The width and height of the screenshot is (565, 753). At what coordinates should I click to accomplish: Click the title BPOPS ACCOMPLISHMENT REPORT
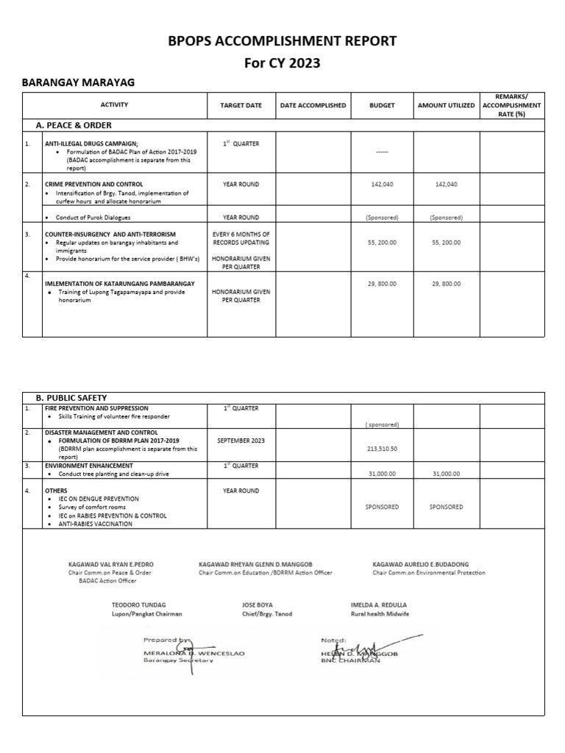point(282,40)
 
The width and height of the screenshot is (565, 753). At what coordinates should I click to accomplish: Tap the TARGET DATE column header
point(241,106)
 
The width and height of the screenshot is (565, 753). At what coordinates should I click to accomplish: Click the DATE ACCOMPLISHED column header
point(313,106)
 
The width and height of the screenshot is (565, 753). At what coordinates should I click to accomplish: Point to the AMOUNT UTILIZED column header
point(446,106)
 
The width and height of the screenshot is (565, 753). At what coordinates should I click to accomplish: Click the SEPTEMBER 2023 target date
point(241,440)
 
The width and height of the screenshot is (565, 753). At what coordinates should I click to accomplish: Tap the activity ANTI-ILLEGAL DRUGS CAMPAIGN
point(91,144)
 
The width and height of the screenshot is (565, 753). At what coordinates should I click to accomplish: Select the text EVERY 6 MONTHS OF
point(241,234)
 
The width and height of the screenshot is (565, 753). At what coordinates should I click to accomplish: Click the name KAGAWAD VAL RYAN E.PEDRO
point(111,565)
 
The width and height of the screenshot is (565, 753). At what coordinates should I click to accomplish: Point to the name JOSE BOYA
point(257,604)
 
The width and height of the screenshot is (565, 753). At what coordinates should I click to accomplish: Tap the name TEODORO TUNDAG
point(138,604)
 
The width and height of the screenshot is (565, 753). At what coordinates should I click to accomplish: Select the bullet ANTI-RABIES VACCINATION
point(95,524)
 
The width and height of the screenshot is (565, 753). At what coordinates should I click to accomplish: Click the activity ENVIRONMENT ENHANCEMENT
point(89,465)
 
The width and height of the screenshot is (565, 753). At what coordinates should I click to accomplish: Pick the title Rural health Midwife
point(380,613)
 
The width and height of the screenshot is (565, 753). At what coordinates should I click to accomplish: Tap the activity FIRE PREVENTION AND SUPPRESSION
point(96,408)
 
